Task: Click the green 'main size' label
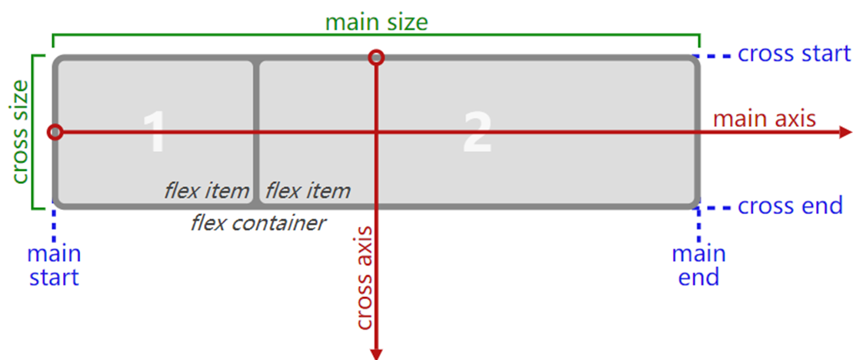[376, 22]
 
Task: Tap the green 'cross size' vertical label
[19, 132]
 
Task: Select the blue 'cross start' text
[795, 54]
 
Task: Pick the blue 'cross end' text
[791, 206]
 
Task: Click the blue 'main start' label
[55, 265]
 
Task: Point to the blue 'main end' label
[698, 265]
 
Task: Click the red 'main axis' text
[765, 119]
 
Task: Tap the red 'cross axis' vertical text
[364, 278]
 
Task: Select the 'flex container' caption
[258, 223]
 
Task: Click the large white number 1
[154, 132]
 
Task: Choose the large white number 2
[477, 132]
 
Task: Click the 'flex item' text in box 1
[206, 191]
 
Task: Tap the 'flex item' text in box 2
[308, 191]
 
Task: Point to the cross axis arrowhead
[376, 355]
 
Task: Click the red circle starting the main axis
[55, 132]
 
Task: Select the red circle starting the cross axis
[376, 57]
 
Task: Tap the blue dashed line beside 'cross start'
[713, 55]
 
